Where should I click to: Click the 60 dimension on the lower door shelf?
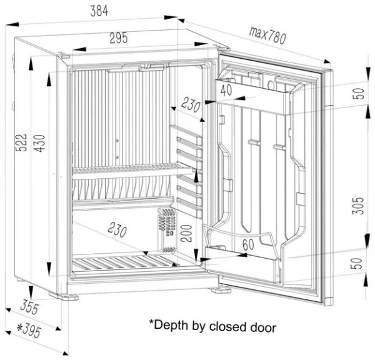[247, 245]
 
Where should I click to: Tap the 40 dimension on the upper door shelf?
[226, 90]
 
